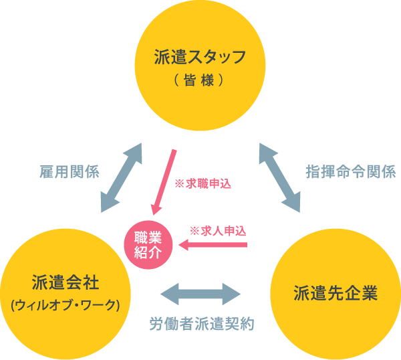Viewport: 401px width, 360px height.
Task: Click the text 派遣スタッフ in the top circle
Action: [x=190, y=57]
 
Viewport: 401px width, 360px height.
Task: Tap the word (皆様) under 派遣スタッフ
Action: [x=190, y=79]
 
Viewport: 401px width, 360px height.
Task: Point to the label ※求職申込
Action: [x=202, y=183]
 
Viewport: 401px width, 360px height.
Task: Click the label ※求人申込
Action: [x=218, y=231]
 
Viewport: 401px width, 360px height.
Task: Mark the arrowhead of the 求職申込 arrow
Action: [x=156, y=210]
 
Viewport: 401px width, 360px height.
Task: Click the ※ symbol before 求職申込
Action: [x=178, y=183]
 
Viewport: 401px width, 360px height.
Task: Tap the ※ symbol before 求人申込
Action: [x=194, y=231]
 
